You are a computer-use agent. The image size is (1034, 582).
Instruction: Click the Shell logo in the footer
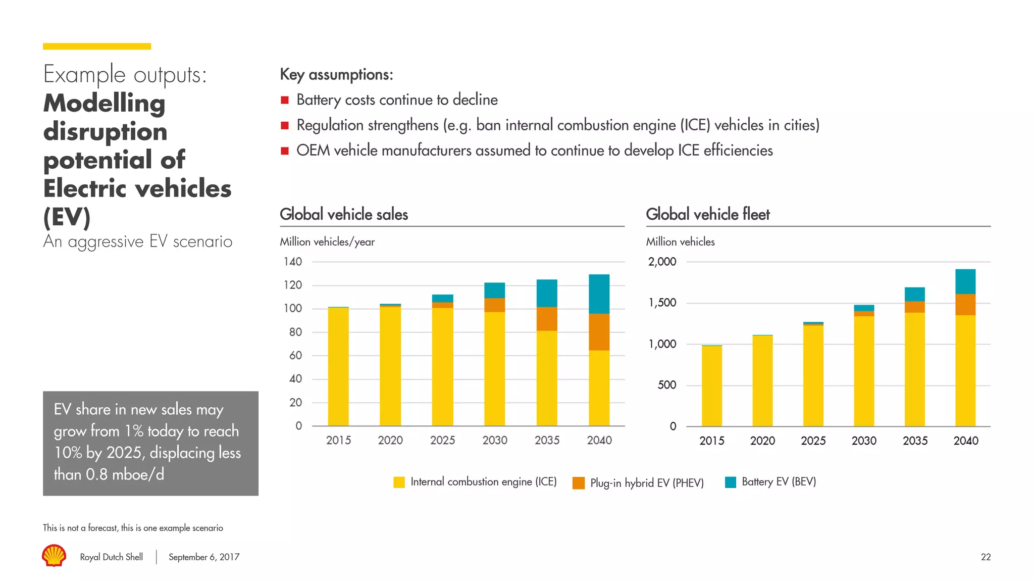click(54, 555)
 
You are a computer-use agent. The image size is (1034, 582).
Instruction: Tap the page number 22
click(986, 557)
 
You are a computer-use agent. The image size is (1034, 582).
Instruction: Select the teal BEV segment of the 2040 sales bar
click(599, 294)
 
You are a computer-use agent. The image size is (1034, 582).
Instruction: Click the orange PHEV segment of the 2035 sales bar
click(547, 319)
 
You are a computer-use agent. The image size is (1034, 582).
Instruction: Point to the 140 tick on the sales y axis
click(292, 262)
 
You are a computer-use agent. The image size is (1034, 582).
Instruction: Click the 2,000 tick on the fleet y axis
click(662, 262)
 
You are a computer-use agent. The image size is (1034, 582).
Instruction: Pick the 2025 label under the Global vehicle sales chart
click(442, 441)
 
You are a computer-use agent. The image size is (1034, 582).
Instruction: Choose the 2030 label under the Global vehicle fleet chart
click(864, 441)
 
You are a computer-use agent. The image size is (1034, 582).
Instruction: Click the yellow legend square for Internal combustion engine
click(399, 482)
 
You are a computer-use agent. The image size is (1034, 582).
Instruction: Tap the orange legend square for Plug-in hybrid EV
click(579, 483)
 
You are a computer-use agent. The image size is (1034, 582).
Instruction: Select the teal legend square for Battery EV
click(730, 482)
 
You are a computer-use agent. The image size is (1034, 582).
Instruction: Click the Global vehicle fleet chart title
click(708, 214)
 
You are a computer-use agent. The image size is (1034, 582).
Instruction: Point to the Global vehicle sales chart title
click(344, 214)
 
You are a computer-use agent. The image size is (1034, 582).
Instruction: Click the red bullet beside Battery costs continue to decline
click(285, 100)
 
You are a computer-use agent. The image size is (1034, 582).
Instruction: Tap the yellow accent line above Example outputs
click(97, 46)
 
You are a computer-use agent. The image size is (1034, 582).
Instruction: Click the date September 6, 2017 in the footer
click(204, 557)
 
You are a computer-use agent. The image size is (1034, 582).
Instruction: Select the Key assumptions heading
click(336, 75)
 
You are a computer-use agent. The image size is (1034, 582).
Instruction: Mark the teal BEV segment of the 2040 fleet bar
click(965, 281)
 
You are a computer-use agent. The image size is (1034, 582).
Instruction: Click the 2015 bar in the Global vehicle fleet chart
click(711, 386)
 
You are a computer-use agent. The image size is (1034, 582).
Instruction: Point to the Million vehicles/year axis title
click(327, 242)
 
